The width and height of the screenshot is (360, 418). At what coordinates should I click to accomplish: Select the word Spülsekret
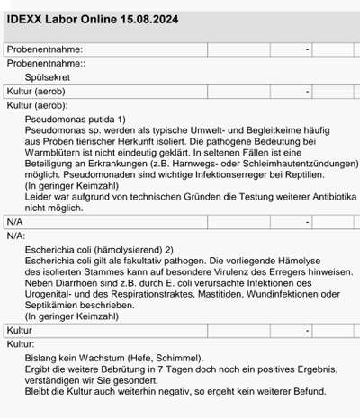click(51, 78)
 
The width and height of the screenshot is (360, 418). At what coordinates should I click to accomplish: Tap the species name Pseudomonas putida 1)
click(76, 119)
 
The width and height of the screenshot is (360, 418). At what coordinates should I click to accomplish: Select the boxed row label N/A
click(15, 221)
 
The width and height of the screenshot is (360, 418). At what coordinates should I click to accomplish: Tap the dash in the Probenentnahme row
click(307, 49)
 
